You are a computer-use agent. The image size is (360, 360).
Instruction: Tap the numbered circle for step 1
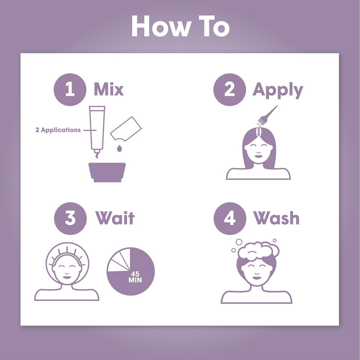point(70,90)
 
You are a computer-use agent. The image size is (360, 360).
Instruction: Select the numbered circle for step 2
point(229,90)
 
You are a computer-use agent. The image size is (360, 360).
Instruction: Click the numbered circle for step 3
point(70,218)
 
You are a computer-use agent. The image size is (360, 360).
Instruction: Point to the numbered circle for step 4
point(229,218)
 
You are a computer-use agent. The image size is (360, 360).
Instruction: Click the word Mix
point(109,90)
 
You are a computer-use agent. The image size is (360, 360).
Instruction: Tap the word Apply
point(277,90)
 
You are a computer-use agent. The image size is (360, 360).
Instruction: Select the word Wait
point(115,218)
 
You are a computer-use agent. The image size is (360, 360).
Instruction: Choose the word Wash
point(276,218)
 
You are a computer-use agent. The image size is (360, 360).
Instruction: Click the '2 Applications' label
point(58,130)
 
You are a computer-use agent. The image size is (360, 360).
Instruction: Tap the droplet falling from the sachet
point(119,148)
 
